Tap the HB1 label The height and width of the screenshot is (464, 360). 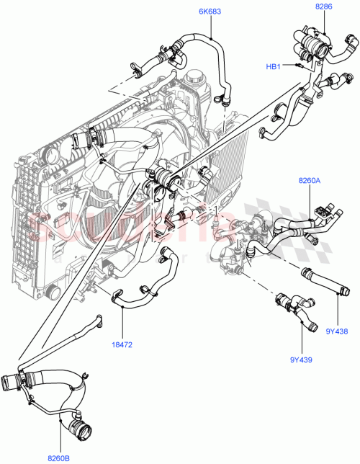[274, 66]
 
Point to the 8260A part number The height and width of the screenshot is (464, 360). [309, 183]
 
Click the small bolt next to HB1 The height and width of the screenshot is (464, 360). [295, 66]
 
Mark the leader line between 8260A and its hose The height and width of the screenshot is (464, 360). [310, 200]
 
